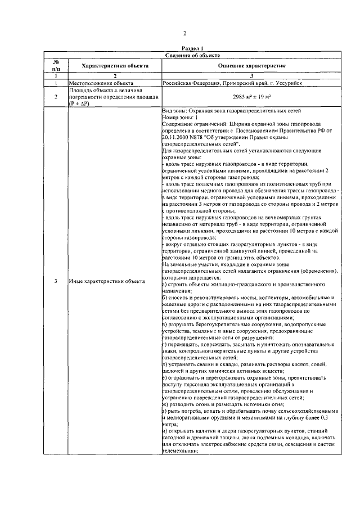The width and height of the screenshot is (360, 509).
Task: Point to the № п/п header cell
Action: click(x=56, y=66)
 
